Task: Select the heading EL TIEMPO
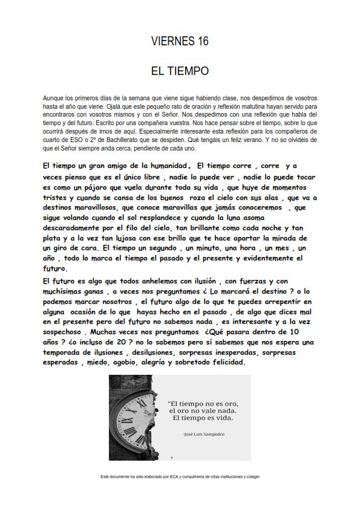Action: click(180, 71)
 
